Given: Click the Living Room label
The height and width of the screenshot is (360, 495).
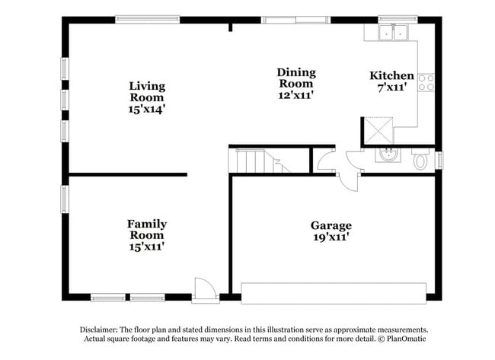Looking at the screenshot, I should coord(147,92).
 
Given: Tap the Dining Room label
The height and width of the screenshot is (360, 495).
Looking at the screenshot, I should coord(295,78).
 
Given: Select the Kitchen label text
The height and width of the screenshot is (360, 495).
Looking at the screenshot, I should coord(391,75).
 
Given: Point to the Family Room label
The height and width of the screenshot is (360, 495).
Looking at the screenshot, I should coord(147,229).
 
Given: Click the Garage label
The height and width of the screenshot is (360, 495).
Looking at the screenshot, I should coord(331,225).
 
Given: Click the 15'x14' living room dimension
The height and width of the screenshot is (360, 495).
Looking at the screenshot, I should coord(147,109).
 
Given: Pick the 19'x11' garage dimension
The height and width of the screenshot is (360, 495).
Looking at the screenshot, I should coord(331,237).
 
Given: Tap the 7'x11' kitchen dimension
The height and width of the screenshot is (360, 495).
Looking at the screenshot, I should coord(391,88).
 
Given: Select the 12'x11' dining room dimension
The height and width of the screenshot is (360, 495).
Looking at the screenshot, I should coord(295,95).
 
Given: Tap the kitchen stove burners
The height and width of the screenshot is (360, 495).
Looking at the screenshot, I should coord(426,81).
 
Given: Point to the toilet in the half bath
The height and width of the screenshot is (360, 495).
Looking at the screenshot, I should coord(420,161).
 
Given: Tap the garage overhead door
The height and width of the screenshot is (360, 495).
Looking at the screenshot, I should coord(334,293).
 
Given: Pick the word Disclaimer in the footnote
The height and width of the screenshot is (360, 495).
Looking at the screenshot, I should coord(103,330).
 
